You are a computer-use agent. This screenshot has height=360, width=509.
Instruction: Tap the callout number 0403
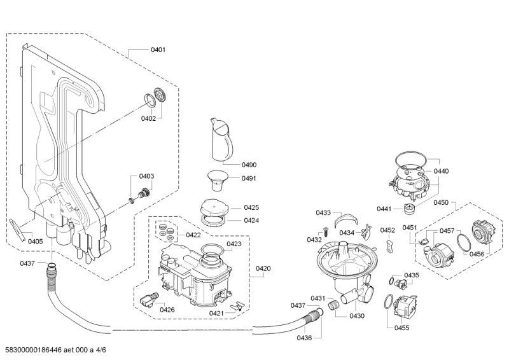point(147,176)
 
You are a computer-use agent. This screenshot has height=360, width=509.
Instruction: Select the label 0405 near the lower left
point(36,241)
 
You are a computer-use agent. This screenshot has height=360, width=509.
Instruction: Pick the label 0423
point(234,244)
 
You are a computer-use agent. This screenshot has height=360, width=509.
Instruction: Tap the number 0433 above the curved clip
point(323,212)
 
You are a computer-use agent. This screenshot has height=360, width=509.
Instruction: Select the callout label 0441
point(384,209)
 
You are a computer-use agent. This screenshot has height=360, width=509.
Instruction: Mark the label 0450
point(441,202)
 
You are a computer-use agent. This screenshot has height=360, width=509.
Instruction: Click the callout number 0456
point(477,254)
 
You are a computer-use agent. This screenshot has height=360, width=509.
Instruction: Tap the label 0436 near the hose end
point(304,337)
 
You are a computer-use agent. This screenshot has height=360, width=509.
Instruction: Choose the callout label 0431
point(318,298)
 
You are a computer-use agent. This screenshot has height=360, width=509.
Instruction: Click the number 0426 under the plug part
point(167,310)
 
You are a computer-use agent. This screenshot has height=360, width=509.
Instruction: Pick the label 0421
point(216,313)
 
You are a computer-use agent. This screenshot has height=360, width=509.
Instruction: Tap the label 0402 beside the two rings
point(148,118)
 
